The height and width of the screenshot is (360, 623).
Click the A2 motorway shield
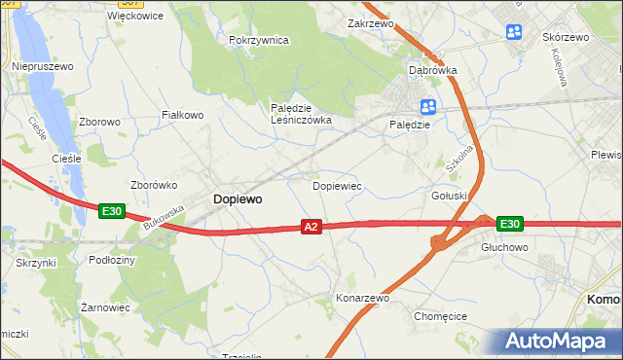pos(311,227)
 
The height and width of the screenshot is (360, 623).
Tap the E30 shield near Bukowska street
pos(112,210)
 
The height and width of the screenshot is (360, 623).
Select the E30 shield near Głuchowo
pos(509,224)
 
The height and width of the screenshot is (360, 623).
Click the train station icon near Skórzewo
pos(514,34)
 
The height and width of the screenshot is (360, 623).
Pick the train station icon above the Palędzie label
pos(426,107)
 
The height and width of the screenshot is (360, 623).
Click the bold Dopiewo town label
pos(237,198)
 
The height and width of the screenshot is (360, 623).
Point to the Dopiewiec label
pos(337,184)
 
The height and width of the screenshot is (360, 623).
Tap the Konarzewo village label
pos(362,298)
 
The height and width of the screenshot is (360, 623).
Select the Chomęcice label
pos(441,316)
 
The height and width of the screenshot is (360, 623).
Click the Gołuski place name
pos(450,196)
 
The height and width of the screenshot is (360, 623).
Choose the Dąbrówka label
pos(432,70)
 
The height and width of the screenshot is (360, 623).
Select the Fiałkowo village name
pos(182,115)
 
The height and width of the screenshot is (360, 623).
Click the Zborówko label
pos(152,184)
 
